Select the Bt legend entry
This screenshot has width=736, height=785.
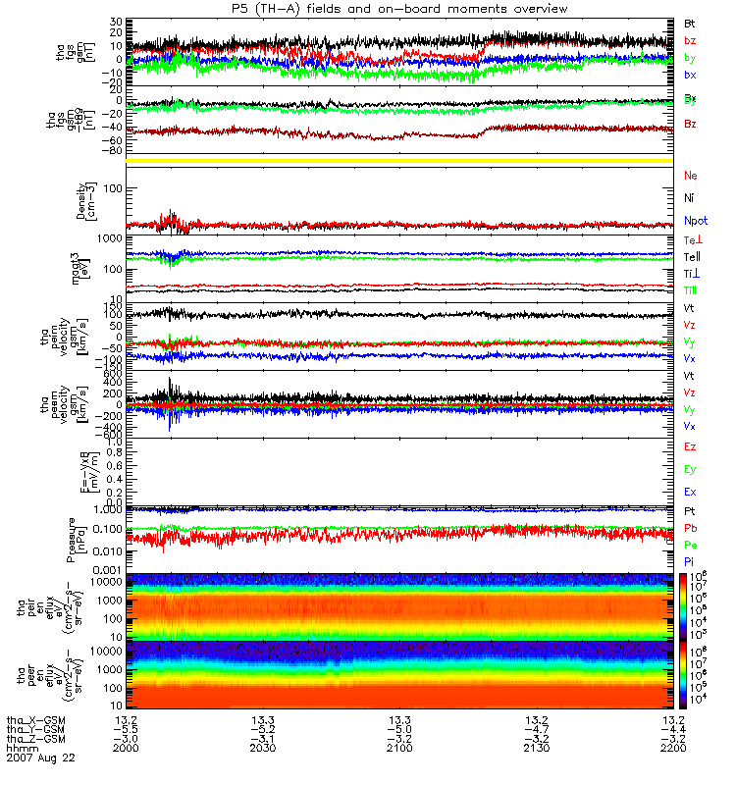(690, 23)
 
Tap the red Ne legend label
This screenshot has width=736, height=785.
(690, 175)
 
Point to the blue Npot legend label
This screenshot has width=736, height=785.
(696, 221)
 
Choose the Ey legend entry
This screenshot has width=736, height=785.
(691, 469)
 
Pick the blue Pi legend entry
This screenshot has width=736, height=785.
(689, 561)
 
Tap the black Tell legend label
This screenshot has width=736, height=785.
(692, 256)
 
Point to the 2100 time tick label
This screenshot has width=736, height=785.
(398, 749)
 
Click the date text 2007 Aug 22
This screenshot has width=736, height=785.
(39, 759)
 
